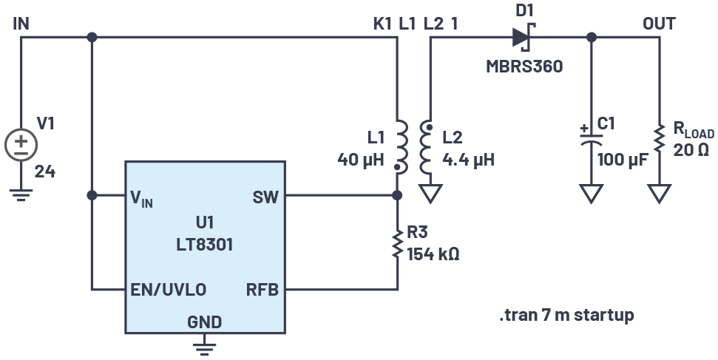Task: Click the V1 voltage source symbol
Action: click(x=21, y=143)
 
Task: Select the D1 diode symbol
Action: click(x=522, y=36)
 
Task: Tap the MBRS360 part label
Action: click(x=524, y=66)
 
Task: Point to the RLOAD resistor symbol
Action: click(x=658, y=143)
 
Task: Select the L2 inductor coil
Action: click(x=427, y=148)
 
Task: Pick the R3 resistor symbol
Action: click(x=397, y=242)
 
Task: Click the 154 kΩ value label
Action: click(x=433, y=254)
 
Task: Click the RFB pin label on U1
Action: click(x=262, y=289)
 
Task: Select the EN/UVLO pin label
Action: click(x=167, y=289)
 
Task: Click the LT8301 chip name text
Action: click(x=204, y=245)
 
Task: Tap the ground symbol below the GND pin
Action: click(x=204, y=346)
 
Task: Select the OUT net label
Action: click(x=658, y=23)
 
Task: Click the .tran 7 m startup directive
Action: click(x=566, y=316)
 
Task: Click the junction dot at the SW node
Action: click(x=397, y=196)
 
